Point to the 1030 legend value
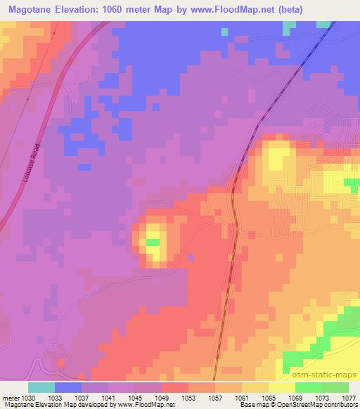[x=29, y=397]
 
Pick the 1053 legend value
[x=189, y=397]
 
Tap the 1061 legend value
[x=243, y=397]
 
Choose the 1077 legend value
[x=349, y=397]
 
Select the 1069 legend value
[x=296, y=397]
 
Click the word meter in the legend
[x=10, y=397]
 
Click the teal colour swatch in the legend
[x=41, y=387]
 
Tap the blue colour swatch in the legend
[x=68, y=387]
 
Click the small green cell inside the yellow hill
[x=153, y=242]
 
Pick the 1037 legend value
[x=82, y=397]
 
